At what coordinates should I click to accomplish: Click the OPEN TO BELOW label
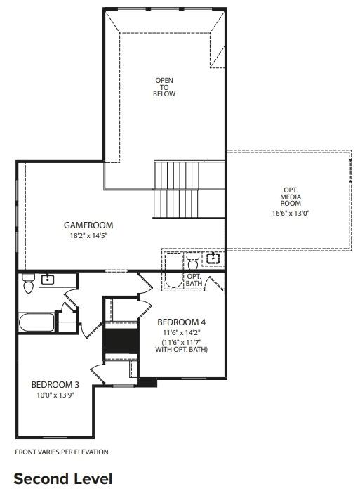164,87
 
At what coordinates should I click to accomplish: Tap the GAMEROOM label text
88,225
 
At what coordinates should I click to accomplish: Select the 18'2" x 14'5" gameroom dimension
88,236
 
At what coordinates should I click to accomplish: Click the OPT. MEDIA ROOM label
291,197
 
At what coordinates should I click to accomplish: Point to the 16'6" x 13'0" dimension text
291,213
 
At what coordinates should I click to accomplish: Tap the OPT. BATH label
194,280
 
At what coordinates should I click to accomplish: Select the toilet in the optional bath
193,264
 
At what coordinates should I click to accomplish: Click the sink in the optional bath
213,259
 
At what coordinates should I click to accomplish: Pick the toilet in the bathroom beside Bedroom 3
28,284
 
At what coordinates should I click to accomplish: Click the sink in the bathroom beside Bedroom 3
47,280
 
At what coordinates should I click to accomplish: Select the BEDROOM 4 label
181,322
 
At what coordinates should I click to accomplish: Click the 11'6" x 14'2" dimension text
181,333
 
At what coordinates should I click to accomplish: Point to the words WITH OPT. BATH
181,350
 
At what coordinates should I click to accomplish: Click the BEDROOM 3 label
54,384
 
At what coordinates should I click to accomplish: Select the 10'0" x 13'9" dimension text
54,395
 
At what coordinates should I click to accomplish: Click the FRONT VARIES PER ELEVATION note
62,452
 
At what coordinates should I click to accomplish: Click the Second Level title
63,479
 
